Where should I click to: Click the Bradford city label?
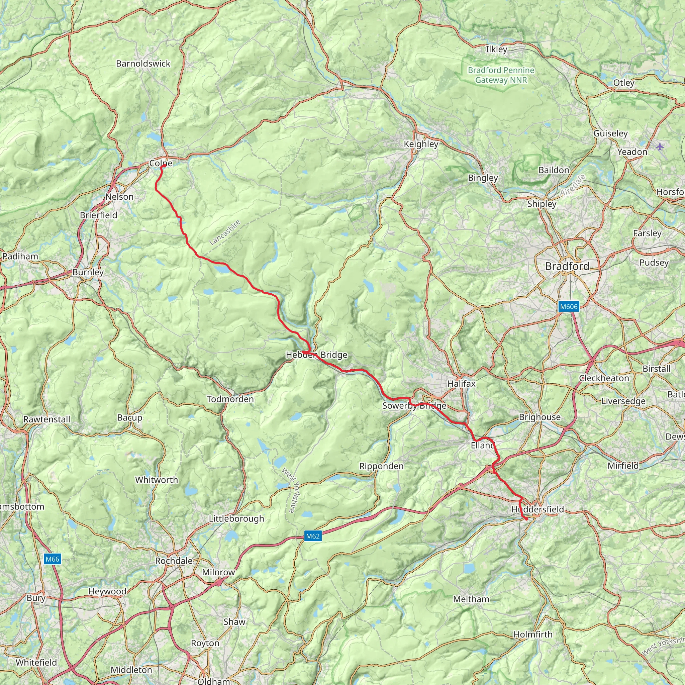567,266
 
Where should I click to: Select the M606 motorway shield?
569,306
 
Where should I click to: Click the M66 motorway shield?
53,559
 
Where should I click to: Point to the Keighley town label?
421,144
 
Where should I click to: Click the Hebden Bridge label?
316,355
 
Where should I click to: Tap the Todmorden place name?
230,399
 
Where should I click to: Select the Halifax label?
461,383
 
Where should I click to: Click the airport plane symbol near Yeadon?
660,146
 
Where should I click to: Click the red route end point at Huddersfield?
526,519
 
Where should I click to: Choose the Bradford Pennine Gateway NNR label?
501,75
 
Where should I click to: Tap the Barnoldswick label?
143,64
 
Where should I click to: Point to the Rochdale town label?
174,561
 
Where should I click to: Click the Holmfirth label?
533,634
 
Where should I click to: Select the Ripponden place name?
381,466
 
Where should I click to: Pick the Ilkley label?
496,49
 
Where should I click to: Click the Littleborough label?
236,518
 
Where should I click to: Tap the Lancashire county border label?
225,232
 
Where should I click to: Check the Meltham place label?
471,599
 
